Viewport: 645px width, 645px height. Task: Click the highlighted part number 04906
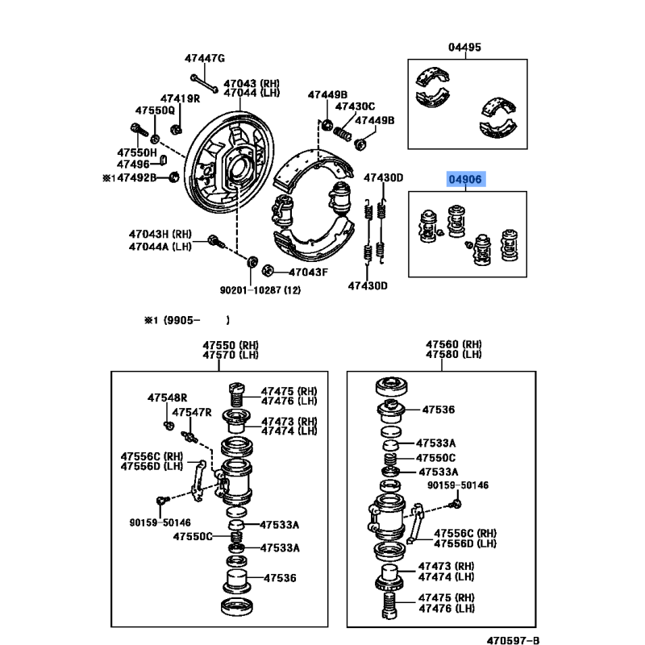465,179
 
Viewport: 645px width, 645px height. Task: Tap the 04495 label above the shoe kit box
464,48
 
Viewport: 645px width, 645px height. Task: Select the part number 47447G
205,58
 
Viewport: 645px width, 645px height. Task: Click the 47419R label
180,98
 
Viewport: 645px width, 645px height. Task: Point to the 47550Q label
155,110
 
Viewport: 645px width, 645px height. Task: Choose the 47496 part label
133,164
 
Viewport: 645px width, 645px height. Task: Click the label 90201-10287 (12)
260,290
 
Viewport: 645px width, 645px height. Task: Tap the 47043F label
308,273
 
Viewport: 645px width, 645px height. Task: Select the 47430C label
355,106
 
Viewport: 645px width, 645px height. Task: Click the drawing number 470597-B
513,640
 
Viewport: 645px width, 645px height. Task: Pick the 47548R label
167,397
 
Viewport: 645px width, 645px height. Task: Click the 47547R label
192,412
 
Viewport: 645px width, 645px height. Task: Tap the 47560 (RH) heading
454,344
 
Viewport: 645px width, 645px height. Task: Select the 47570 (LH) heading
231,355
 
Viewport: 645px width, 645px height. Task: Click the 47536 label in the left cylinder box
280,578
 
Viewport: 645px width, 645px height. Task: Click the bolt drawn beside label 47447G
205,84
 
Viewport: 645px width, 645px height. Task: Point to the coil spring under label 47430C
342,134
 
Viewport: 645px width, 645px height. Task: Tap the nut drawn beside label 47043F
268,271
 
